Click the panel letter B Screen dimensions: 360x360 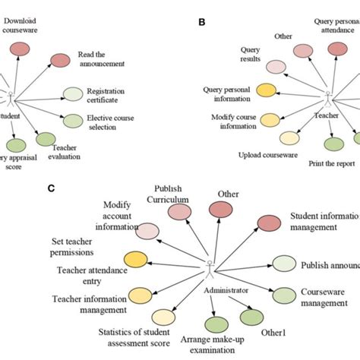pyautogui.click(x=201, y=22)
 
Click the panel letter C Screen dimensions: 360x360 pyautogui.click(x=93, y=186)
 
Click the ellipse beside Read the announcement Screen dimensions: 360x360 pyautogui.click(x=61, y=61)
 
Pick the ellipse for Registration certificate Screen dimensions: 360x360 pyautogui.click(x=73, y=94)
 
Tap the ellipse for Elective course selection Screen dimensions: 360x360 pyautogui.click(x=74, y=121)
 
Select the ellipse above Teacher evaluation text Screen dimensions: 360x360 pyautogui.click(x=46, y=140)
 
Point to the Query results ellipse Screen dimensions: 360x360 pyautogui.click(x=275, y=67)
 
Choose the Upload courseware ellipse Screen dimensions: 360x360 pyautogui.click(x=289, y=138)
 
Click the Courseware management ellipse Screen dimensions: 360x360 pyautogui.click(x=284, y=295)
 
